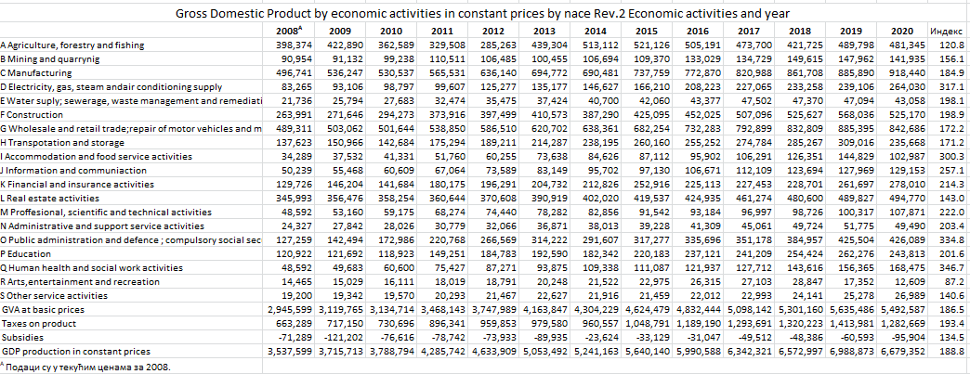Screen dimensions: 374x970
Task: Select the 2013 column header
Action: pyautogui.click(x=544, y=31)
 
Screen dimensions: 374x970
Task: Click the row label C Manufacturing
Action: pyautogui.click(x=36, y=72)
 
